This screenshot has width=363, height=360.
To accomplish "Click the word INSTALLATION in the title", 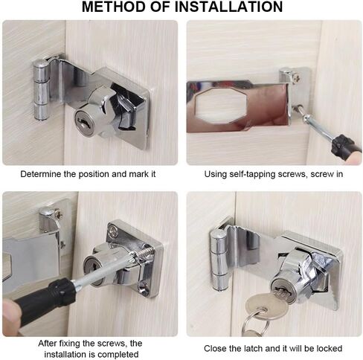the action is pyautogui.click(x=229, y=7).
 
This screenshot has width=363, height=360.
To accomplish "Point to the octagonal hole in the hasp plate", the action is pyautogui.click(x=221, y=106).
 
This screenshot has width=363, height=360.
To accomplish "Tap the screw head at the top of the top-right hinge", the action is pyautogui.click(x=296, y=77).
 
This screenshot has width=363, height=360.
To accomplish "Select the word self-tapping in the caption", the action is pyautogui.click(x=252, y=174).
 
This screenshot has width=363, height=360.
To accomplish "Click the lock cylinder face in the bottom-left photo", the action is pyautogui.click(x=90, y=269).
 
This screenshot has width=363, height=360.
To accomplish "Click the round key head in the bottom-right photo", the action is pyautogui.click(x=266, y=306).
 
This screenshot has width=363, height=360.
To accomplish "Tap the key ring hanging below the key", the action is pyautogui.click(x=254, y=324).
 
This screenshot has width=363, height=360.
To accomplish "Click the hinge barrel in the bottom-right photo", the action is pyautogui.click(x=218, y=260).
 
